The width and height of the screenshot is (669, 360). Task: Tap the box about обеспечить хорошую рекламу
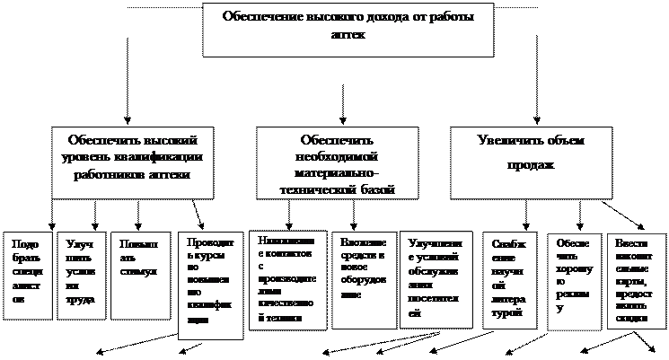(572, 278)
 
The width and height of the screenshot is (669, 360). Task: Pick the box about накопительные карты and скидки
(635, 277)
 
